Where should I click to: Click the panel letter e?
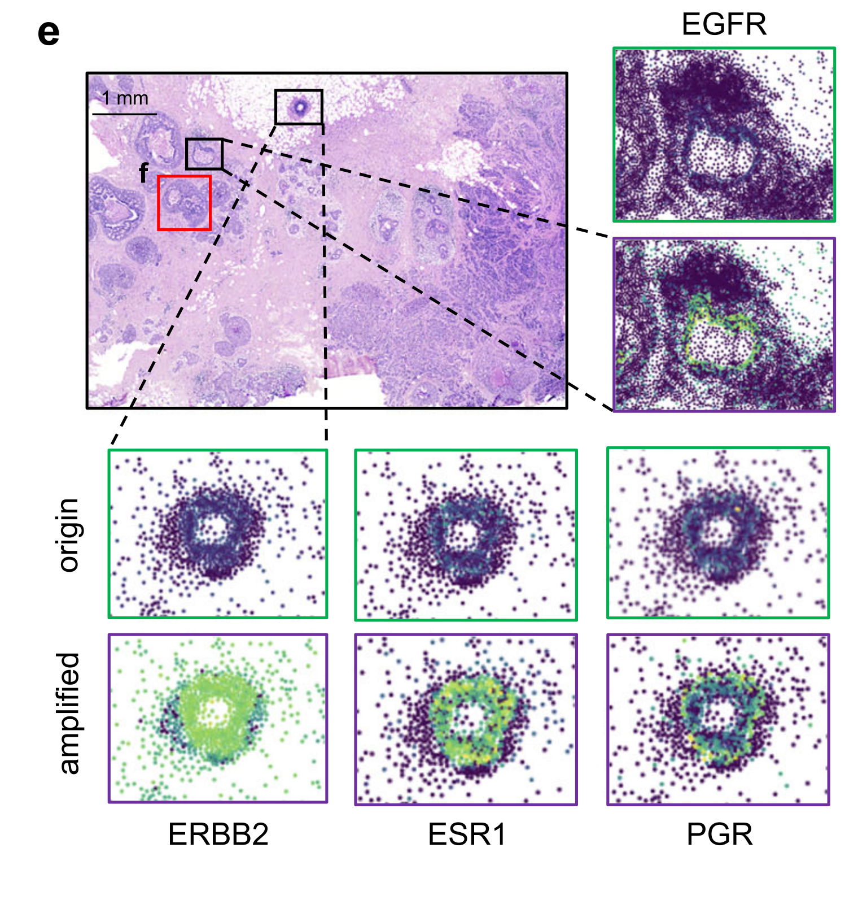tap(49, 33)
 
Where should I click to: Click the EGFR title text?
tap(724, 24)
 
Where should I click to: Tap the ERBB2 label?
tap(218, 834)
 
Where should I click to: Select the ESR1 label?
tap(467, 834)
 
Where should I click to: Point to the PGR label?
tap(719, 834)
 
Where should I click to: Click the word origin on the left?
tap(69, 534)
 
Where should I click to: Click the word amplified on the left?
tap(69, 713)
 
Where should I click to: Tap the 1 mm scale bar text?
tap(125, 98)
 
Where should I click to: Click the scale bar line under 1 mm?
tap(124, 114)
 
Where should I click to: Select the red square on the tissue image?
tap(184, 203)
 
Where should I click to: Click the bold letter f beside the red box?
tap(144, 173)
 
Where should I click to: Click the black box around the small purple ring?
tap(299, 107)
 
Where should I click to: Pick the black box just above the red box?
tap(204, 154)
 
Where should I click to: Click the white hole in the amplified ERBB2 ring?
tap(215, 710)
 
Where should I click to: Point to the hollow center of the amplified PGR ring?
tap(719, 712)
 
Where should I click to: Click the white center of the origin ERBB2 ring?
tap(213, 529)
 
